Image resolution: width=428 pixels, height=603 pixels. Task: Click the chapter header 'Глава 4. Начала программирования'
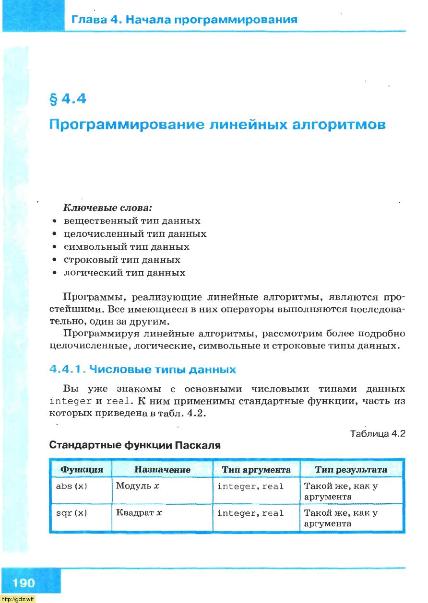tap(184, 20)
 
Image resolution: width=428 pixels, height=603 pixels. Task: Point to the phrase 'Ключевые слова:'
tap(107, 209)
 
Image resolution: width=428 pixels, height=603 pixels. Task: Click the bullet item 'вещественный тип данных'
tap(132, 221)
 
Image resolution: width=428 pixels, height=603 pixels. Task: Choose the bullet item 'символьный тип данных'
tap(127, 247)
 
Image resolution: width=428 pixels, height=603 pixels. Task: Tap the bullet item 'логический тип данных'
tap(124, 273)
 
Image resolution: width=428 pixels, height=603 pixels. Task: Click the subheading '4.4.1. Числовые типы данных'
tap(143, 370)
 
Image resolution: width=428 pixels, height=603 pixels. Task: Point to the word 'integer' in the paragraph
tap(71, 401)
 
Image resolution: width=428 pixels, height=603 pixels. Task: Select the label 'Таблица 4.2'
tap(378, 434)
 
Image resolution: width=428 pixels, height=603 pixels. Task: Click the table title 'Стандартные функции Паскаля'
tap(135, 445)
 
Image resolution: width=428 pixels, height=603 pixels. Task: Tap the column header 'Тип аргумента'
tap(256, 470)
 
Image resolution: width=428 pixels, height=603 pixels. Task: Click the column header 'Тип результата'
tap(351, 470)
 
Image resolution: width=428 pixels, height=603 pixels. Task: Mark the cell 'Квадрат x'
tap(139, 513)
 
